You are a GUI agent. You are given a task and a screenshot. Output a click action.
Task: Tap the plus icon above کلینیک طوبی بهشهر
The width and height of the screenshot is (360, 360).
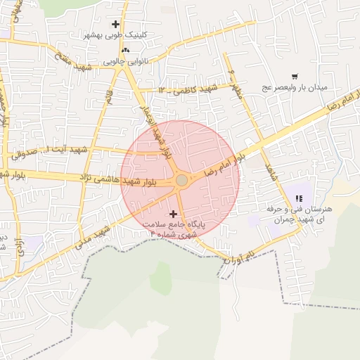click(115, 25)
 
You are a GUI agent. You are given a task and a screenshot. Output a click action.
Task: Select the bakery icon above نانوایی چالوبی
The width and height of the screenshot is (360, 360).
click(125, 51)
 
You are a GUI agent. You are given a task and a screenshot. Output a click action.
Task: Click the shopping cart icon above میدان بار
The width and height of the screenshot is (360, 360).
click(294, 76)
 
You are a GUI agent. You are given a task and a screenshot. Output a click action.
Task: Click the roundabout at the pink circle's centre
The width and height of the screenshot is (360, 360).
click(181, 181)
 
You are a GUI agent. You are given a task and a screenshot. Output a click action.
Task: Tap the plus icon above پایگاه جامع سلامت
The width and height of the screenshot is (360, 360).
click(174, 212)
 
